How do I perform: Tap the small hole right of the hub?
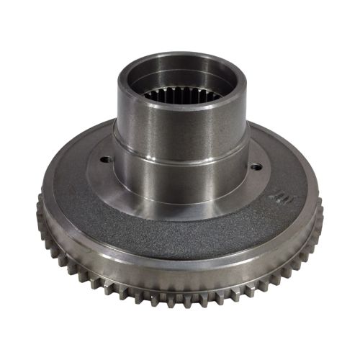coord(256,167)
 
